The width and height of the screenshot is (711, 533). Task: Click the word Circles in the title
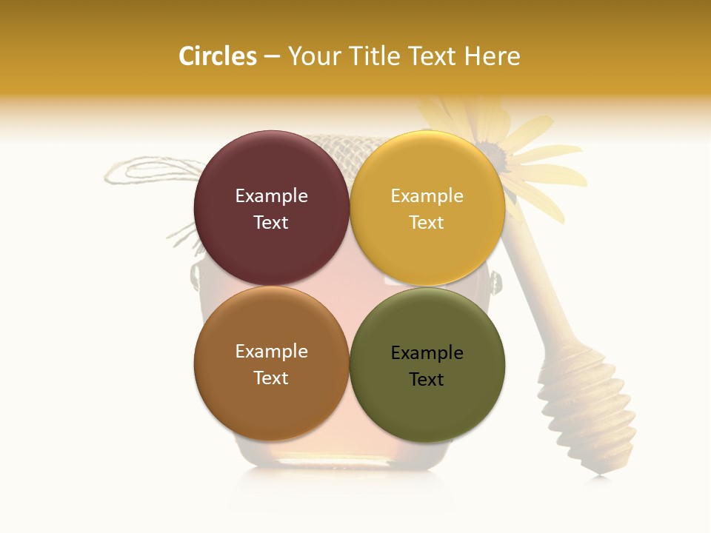point(217,56)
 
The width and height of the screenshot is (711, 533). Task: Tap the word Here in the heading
point(492,56)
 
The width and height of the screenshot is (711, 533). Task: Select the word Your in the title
point(311,56)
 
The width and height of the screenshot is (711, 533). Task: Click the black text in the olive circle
point(427,366)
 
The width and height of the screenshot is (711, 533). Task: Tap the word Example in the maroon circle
point(271,196)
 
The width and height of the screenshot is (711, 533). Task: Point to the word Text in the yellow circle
point(427,223)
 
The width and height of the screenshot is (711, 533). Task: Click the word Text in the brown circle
point(271,378)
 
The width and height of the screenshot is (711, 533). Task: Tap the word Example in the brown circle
point(271,352)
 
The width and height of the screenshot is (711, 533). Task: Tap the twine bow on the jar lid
point(148,172)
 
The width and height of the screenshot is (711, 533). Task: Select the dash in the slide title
point(272,57)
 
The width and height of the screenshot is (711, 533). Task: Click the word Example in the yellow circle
point(427,196)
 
